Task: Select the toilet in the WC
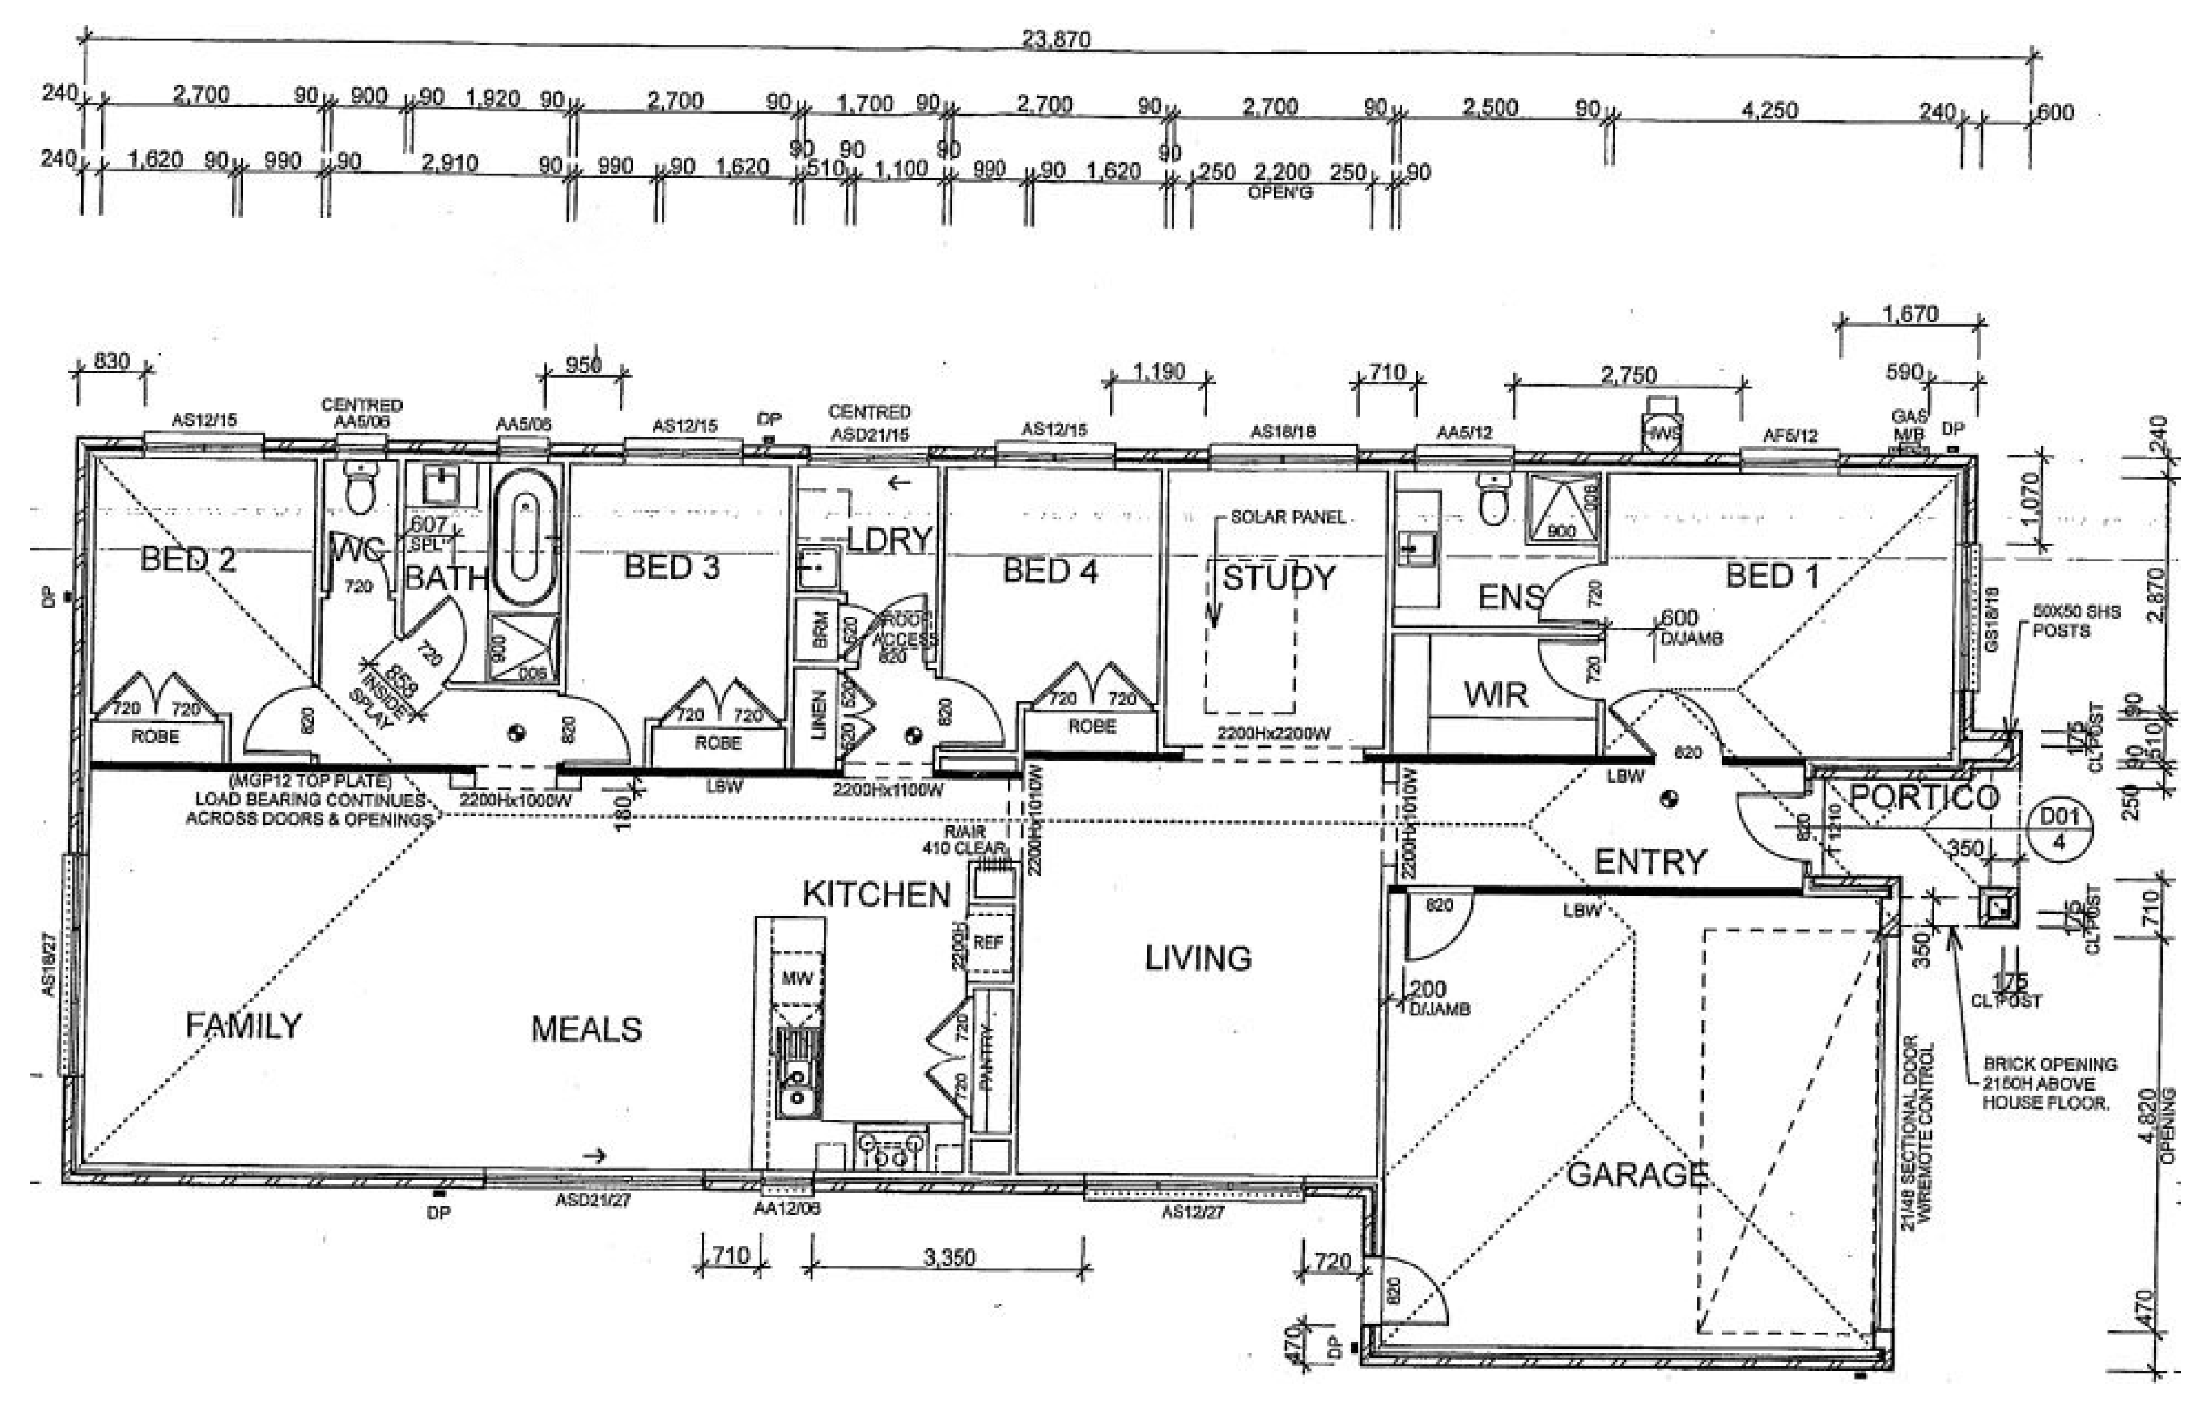(x=359, y=487)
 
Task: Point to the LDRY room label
(x=889, y=540)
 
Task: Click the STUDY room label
(x=1279, y=578)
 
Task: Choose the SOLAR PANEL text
(x=1287, y=518)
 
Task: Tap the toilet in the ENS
(x=1493, y=499)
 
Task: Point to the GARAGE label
(x=1637, y=1174)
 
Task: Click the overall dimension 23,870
(x=1056, y=39)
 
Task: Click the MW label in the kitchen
(x=796, y=978)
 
